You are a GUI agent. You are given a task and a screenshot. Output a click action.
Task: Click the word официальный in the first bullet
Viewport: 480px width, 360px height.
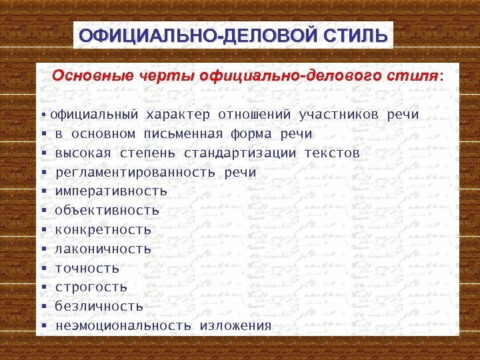pyautogui.click(x=94, y=115)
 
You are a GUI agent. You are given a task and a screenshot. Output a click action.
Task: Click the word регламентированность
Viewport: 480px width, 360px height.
pyautogui.click(x=135, y=173)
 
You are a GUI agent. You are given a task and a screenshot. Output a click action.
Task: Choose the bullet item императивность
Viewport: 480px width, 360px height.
pyautogui.click(x=111, y=191)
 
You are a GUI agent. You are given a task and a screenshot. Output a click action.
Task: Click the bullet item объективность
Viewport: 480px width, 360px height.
pyautogui.click(x=107, y=211)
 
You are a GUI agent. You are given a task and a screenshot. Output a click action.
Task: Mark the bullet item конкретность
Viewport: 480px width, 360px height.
pyautogui.click(x=103, y=230)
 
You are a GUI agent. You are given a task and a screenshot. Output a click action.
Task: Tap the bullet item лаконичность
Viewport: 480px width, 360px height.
pyautogui.click(x=103, y=249)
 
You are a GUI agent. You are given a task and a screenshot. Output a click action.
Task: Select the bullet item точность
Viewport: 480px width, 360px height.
pyautogui.click(x=87, y=269)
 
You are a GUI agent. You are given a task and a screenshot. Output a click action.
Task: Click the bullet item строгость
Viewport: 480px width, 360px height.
pyautogui.click(x=91, y=287)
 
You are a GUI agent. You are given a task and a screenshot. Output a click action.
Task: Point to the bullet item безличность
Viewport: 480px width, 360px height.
pyautogui.click(x=99, y=307)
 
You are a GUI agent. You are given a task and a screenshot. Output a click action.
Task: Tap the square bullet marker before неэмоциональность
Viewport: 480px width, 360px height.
pyautogui.click(x=43, y=327)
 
